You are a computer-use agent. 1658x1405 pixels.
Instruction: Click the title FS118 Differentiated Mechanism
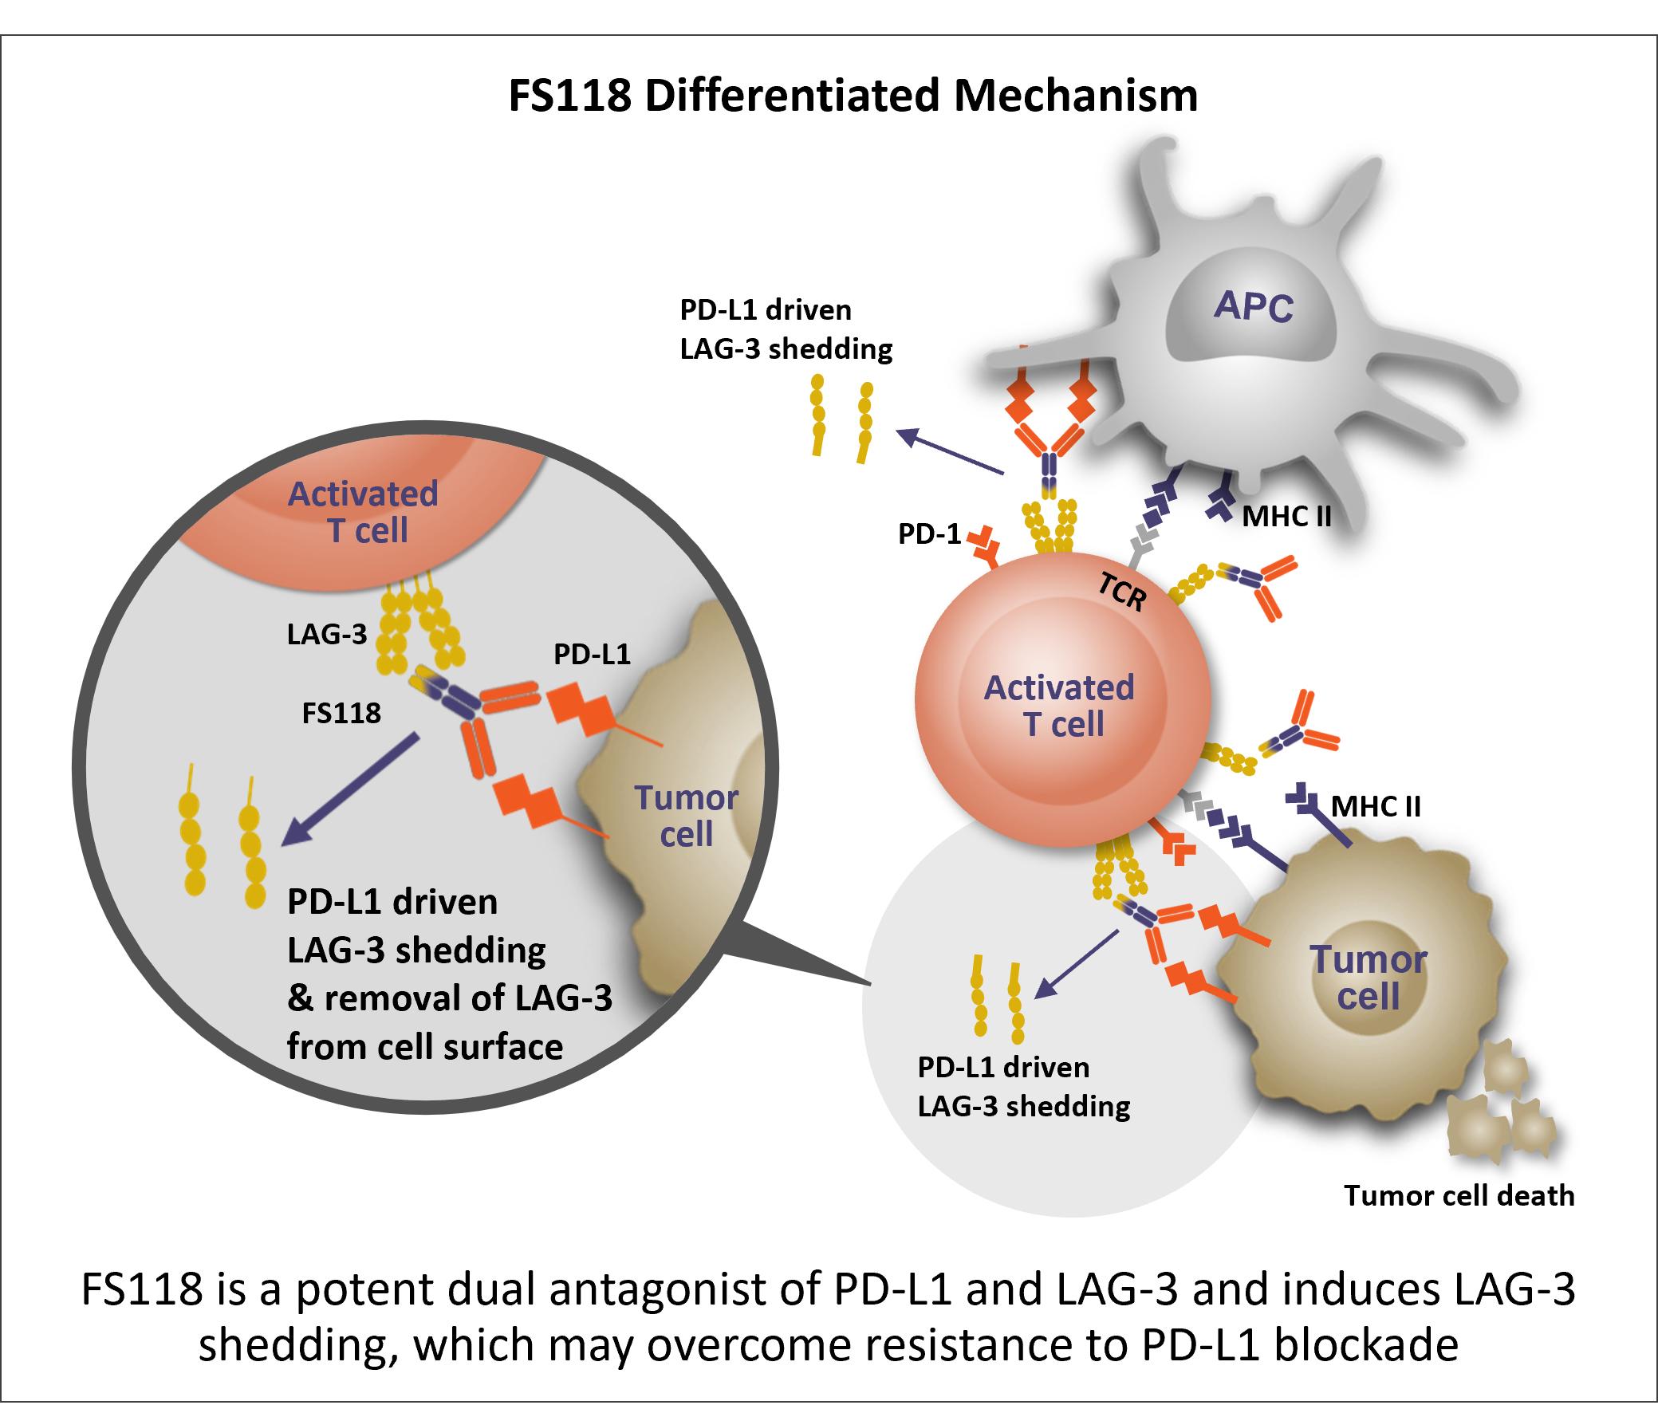pos(853,96)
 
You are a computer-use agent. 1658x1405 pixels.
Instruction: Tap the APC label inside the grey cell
pos(1253,305)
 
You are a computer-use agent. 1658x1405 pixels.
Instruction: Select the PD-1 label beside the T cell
pos(929,533)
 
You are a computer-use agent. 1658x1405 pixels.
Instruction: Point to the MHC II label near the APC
pos(1286,517)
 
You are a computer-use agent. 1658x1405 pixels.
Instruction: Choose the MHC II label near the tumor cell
pos(1376,806)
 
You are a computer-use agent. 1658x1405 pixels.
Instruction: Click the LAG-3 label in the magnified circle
pos(327,634)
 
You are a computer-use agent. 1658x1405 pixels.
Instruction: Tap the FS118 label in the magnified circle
pos(341,713)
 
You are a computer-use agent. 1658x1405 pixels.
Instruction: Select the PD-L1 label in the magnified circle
pos(592,655)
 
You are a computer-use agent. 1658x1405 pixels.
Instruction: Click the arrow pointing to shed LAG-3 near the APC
pos(949,452)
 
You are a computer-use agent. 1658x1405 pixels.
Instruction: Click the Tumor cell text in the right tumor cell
pos(1369,978)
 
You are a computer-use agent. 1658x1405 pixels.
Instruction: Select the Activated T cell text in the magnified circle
pos(364,512)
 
